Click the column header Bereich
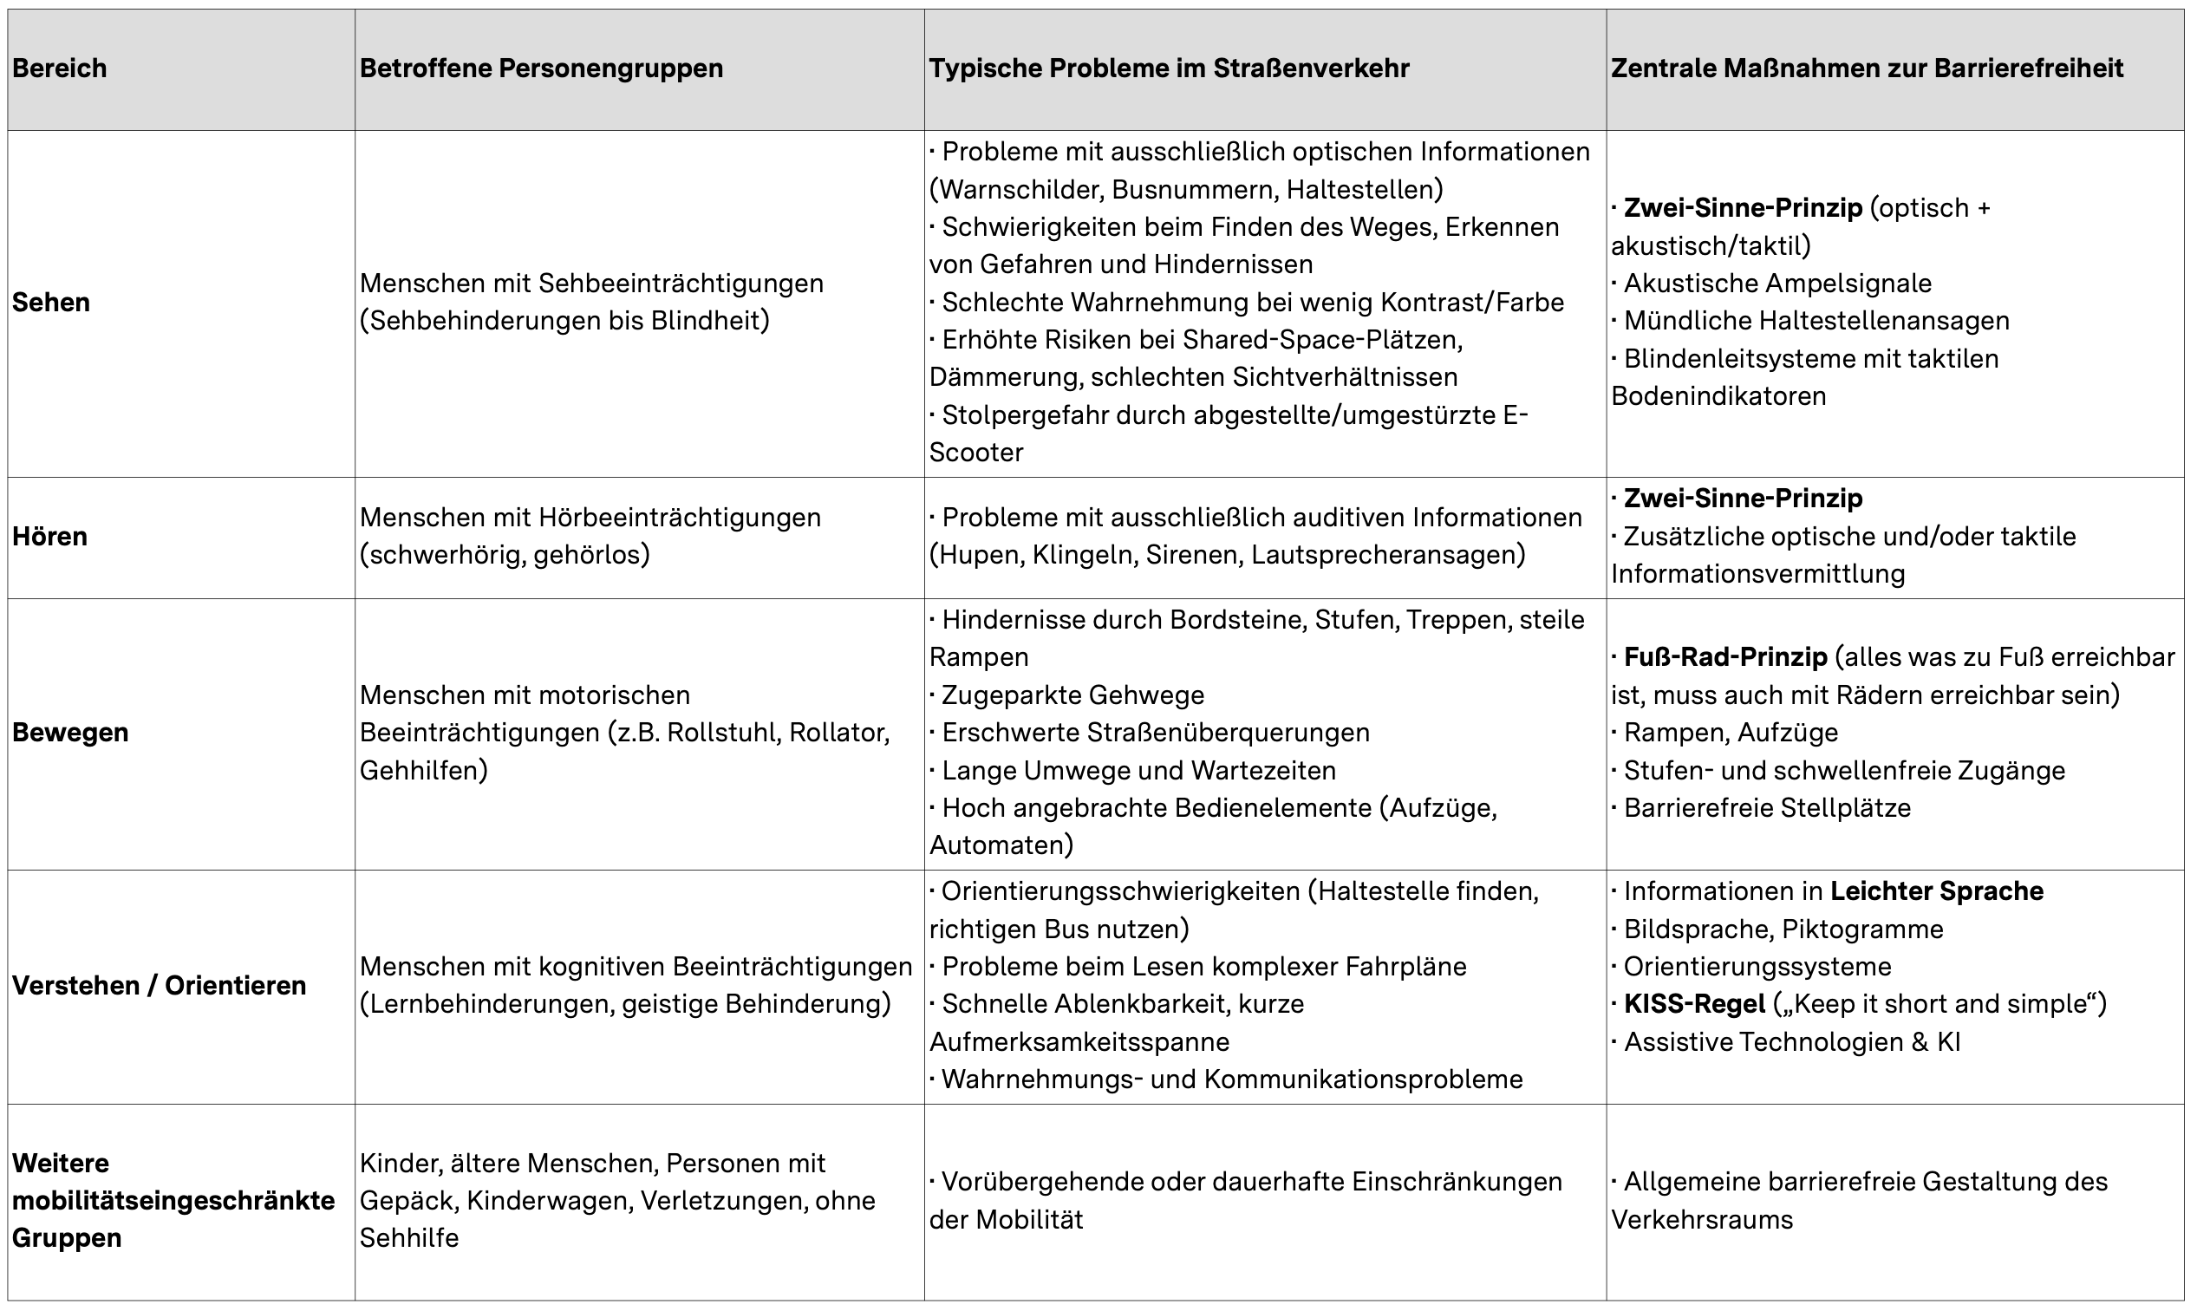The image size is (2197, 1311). point(59,68)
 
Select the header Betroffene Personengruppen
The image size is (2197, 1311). point(541,68)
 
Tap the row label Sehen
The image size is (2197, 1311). point(51,302)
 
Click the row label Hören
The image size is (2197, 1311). point(49,536)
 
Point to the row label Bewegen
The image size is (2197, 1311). point(71,733)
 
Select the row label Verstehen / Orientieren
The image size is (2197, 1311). point(159,985)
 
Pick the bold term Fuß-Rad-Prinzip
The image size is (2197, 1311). point(1725,657)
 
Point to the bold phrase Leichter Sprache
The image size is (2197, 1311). point(1936,890)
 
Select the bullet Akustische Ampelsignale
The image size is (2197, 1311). point(1777,284)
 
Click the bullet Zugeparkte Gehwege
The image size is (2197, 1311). point(1072,695)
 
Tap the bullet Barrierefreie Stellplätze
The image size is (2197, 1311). point(1767,807)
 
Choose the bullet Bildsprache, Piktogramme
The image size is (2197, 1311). point(1783,929)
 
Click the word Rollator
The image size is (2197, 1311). point(838,733)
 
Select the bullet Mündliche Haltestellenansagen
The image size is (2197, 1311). point(1816,321)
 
